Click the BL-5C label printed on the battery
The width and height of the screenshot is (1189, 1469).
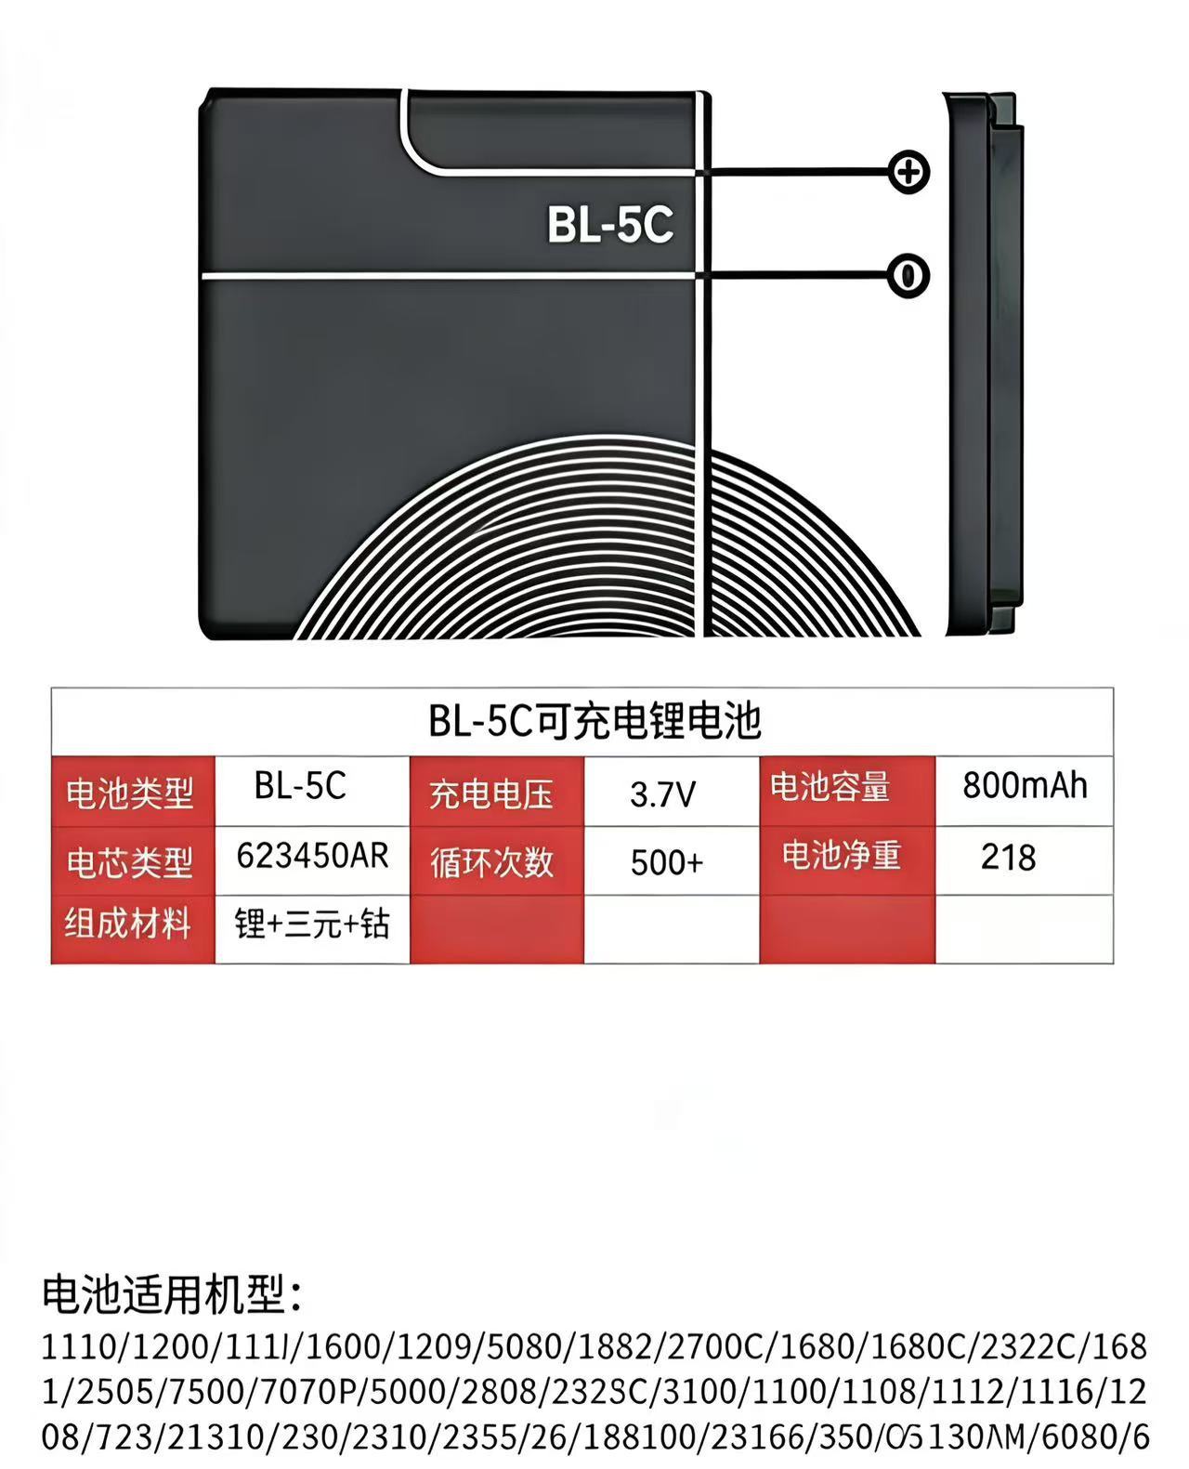click(609, 224)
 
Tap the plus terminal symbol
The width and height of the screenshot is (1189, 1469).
click(908, 172)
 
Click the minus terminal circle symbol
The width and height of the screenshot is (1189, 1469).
click(908, 276)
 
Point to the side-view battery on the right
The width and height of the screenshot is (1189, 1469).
click(984, 362)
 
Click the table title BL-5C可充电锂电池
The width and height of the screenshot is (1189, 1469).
click(594, 721)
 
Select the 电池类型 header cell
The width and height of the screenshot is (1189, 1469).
click(130, 793)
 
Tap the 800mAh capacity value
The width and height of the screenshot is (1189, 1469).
click(1025, 786)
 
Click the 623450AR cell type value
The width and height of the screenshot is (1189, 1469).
click(312, 856)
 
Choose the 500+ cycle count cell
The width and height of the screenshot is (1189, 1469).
click(666, 863)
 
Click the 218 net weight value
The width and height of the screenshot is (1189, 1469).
click(1008, 858)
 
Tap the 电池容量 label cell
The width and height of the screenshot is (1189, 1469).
click(830, 787)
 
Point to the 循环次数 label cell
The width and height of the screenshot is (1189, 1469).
click(491, 863)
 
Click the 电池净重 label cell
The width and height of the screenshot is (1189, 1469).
click(841, 856)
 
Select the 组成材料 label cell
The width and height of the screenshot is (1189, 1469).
click(128, 925)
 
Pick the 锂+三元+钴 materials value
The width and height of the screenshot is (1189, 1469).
click(312, 925)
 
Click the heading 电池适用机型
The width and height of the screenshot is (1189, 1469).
click(172, 1295)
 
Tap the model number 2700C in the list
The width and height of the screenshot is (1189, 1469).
click(714, 1346)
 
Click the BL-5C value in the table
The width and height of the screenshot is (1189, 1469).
click(300, 786)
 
